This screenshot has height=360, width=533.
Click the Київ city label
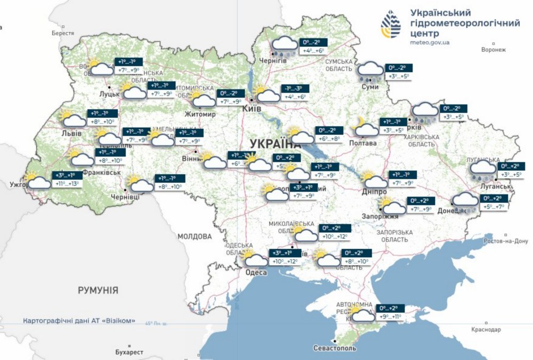pos(252,109)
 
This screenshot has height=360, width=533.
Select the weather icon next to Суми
pos(370,71)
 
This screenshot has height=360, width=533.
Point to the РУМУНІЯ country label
pos(98,290)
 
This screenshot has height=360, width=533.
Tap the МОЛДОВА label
pos(195,236)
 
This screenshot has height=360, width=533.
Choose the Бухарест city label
pos(129,352)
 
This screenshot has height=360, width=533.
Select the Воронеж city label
pos(492,50)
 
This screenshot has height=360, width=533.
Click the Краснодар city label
pos(486,330)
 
